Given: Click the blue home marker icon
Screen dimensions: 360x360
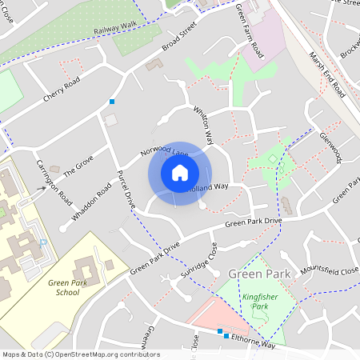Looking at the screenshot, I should tap(180, 173).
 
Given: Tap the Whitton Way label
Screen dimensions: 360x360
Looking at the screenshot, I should tap(204, 126).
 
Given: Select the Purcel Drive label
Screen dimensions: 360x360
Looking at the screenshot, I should tap(126, 190).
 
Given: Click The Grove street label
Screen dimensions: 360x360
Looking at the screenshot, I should tap(79, 166).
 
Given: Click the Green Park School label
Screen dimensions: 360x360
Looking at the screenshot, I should tap(63, 287).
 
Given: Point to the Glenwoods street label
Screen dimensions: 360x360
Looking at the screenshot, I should tap(330, 148).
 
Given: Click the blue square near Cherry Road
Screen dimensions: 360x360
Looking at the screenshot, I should tap(112, 102).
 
